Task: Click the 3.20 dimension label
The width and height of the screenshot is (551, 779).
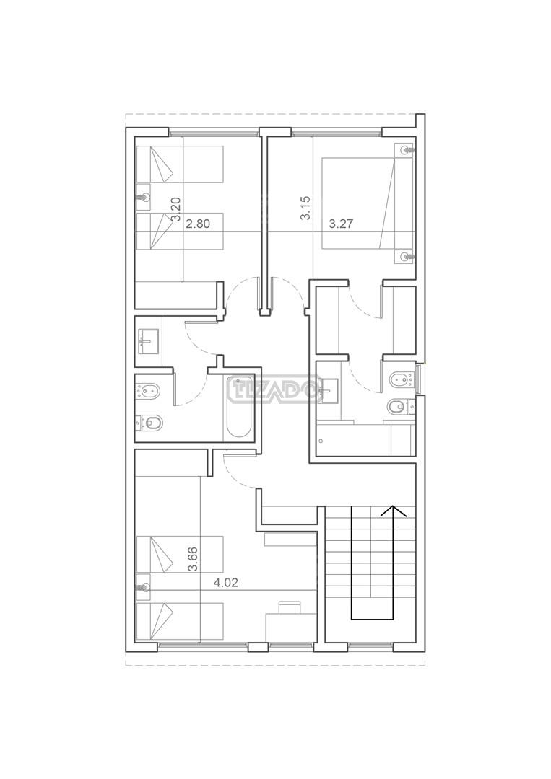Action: [175, 209]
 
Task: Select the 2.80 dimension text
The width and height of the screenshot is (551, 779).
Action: [198, 224]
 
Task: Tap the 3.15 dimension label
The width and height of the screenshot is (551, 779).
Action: [305, 208]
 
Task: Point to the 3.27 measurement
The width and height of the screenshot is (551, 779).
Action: [341, 224]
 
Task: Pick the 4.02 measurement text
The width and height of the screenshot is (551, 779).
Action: [226, 583]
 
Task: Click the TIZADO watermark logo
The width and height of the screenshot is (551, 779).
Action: [272, 390]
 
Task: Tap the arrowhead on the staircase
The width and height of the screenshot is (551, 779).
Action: [394, 511]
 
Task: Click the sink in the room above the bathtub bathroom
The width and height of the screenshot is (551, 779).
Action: [148, 341]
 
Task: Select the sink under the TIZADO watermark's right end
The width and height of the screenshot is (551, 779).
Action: [327, 390]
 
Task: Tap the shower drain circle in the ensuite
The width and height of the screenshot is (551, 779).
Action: [322, 440]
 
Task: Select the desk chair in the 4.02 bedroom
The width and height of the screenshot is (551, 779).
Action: [290, 607]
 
